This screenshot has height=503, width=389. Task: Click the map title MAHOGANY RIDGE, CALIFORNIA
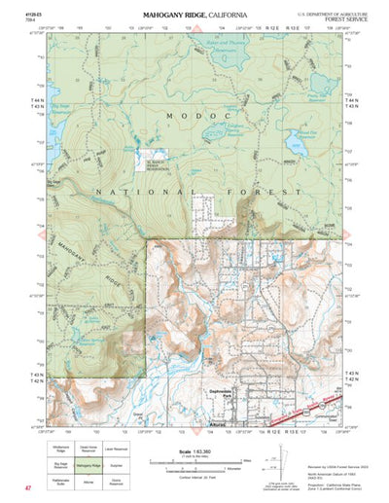(x=194, y=17)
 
